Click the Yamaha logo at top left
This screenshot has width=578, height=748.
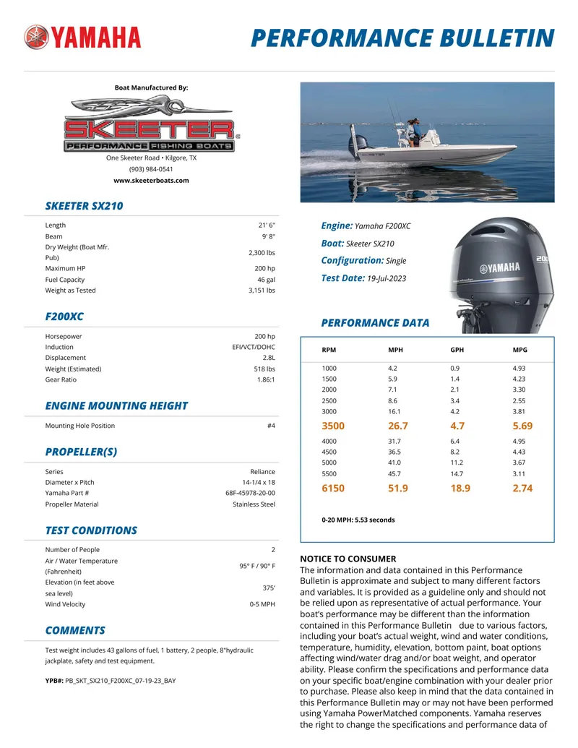pyautogui.click(x=82, y=37)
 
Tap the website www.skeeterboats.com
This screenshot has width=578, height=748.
pyautogui.click(x=151, y=181)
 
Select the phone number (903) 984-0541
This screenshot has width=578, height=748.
pyautogui.click(x=151, y=169)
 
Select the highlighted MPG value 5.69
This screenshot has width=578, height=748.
pyautogui.click(x=523, y=426)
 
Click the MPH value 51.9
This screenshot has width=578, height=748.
pyautogui.click(x=398, y=489)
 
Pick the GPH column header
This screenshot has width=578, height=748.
pyautogui.click(x=457, y=350)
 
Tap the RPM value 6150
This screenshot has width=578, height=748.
pyautogui.click(x=333, y=489)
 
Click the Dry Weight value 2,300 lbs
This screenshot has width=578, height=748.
pyautogui.click(x=261, y=253)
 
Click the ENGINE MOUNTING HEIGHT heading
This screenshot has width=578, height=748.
pyautogui.click(x=116, y=406)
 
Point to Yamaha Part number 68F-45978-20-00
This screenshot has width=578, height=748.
pyautogui.click(x=250, y=493)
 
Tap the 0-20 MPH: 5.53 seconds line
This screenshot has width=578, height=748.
pyautogui.click(x=358, y=520)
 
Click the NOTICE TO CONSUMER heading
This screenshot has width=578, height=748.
pyautogui.click(x=348, y=559)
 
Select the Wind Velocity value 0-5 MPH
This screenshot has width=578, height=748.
pyautogui.click(x=262, y=604)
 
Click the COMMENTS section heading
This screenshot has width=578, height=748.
pyautogui.click(x=75, y=630)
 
